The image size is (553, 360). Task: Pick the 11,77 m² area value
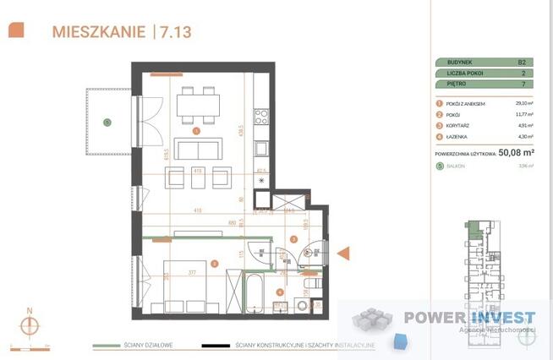click(x=523, y=113)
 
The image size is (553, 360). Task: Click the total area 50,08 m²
click(x=517, y=153)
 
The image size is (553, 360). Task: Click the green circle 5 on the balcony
click(x=107, y=123)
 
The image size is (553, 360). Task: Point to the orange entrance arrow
click(x=343, y=253)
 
